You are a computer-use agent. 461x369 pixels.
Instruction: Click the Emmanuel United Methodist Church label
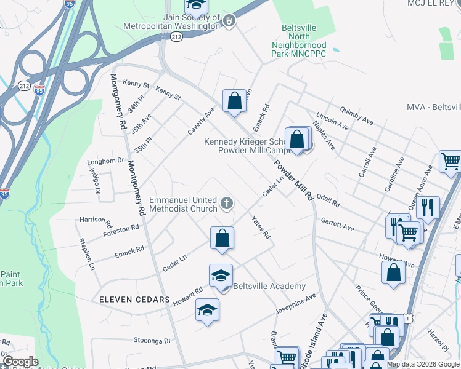tap(183, 205)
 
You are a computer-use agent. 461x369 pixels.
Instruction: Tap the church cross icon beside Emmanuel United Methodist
tap(227, 203)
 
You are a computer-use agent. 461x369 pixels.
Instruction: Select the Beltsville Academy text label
tap(269, 287)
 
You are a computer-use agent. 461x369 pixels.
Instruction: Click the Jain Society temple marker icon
tap(229, 21)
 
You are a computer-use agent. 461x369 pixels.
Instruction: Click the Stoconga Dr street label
tap(152, 339)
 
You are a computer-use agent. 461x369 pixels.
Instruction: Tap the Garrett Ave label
tap(337, 224)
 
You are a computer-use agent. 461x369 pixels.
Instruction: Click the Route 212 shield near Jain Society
tap(177, 37)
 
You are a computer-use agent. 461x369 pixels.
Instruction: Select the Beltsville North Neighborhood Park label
tap(299, 41)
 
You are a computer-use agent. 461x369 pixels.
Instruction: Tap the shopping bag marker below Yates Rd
tap(222, 238)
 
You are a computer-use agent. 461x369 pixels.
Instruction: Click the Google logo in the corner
tap(20, 362)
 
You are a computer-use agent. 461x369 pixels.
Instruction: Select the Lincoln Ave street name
tap(332, 122)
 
